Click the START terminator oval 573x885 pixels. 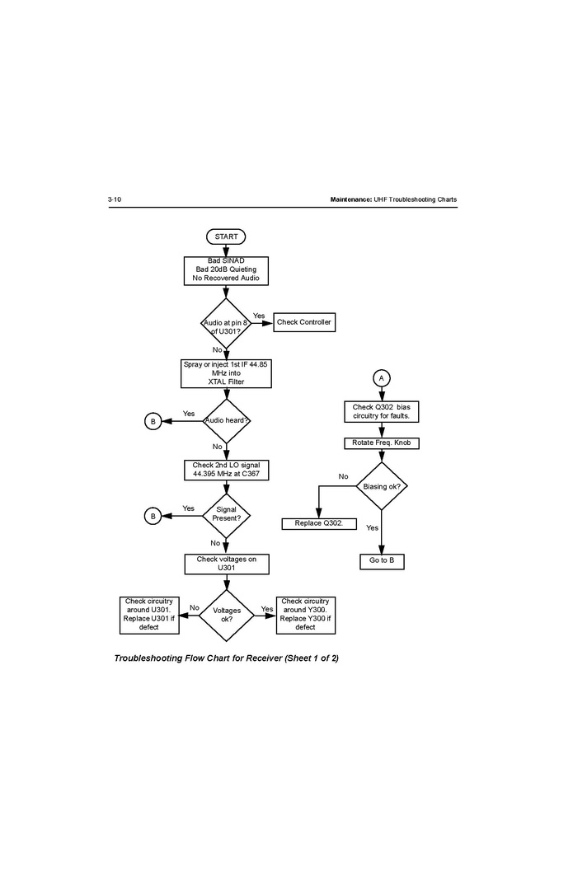(226, 236)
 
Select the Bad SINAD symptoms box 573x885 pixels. (226, 269)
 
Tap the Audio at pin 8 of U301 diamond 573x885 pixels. (226, 322)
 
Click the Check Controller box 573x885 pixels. (304, 322)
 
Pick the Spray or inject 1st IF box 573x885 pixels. (226, 373)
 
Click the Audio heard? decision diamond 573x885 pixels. (226, 420)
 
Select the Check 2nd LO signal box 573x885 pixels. (226, 470)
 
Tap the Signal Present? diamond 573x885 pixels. (226, 515)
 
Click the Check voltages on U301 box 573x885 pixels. (226, 564)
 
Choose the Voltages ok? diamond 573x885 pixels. (227, 615)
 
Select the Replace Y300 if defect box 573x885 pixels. (305, 615)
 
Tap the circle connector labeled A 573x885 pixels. (381, 377)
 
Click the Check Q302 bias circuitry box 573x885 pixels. (381, 411)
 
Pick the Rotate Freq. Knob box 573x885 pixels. (381, 443)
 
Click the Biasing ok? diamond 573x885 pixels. (382, 486)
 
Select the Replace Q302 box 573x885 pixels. (313, 523)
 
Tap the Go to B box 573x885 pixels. (382, 561)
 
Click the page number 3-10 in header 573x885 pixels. (115, 200)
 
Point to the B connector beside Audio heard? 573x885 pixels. (153, 421)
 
